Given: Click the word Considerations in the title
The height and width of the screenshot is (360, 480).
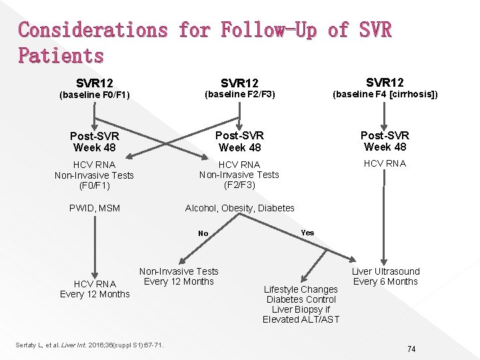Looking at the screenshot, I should click(93, 30).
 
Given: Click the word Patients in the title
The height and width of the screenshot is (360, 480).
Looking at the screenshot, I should click(61, 55).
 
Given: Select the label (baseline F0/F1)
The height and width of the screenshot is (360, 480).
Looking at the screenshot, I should click(94, 95).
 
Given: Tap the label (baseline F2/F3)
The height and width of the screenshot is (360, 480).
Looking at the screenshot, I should click(239, 95).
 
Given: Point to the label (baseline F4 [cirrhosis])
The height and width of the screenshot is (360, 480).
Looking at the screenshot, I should click(385, 94).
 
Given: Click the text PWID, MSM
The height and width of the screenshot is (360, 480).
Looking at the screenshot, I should click(95, 208).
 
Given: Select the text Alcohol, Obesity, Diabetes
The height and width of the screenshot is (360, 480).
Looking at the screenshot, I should click(239, 208).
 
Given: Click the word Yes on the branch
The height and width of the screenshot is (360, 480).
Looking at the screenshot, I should click(307, 233).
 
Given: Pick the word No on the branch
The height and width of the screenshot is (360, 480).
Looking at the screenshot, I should click(203, 233).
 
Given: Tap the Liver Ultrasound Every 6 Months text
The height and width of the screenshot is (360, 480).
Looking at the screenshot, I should click(385, 276).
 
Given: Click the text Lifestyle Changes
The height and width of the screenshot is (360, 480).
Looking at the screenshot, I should click(301, 289).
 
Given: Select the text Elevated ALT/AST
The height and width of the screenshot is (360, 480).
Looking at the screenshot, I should click(301, 319).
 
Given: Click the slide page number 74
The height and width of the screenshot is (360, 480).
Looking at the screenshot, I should click(411, 349).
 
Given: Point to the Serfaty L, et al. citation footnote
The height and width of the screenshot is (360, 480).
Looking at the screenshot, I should click(89, 344).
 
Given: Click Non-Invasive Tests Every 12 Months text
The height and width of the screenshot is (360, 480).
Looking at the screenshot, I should click(179, 276).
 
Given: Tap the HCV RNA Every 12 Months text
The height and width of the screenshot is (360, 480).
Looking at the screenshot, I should click(95, 289).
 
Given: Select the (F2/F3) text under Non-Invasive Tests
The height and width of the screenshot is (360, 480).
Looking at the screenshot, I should click(239, 185).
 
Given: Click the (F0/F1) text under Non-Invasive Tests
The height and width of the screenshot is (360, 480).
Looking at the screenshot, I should click(94, 185).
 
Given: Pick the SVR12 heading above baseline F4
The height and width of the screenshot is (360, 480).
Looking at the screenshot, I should click(385, 83).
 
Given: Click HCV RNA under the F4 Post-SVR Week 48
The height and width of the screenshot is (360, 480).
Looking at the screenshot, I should click(385, 164).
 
